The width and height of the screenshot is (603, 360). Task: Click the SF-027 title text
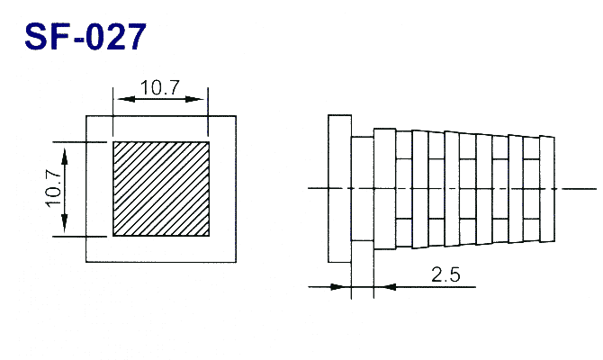(x=85, y=37)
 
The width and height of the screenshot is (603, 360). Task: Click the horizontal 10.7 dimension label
(x=160, y=87)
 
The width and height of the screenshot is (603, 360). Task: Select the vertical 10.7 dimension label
(x=54, y=188)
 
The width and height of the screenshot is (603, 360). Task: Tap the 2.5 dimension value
(x=445, y=274)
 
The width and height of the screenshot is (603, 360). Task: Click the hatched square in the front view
(x=161, y=189)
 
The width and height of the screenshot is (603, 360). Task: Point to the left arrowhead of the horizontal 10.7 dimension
(x=127, y=99)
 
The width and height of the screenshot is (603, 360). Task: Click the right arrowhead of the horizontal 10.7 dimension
(x=194, y=99)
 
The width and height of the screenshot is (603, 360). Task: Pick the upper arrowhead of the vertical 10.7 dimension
(x=64, y=157)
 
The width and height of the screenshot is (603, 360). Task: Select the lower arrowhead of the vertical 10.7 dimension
(x=64, y=222)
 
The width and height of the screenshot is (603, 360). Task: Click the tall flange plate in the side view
(x=339, y=188)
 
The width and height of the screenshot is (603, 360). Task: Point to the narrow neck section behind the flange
(x=363, y=188)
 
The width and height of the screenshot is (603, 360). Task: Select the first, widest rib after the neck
(x=384, y=189)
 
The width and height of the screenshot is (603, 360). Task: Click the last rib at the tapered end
(x=547, y=189)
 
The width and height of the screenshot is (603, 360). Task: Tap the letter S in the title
(x=36, y=37)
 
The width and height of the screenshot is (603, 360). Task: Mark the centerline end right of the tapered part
(x=597, y=189)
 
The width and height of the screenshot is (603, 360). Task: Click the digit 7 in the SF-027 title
(x=135, y=37)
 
